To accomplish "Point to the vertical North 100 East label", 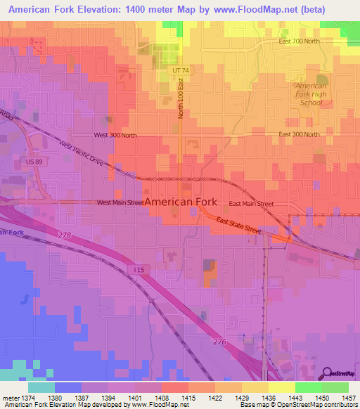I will [x=181, y=98].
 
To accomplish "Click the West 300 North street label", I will [x=116, y=134].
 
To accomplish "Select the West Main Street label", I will [x=120, y=202].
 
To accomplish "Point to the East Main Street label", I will [x=251, y=204].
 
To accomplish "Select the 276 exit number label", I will [x=219, y=341].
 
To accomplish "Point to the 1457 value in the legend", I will [x=349, y=398].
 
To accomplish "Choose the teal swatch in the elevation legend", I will [x=41, y=387].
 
